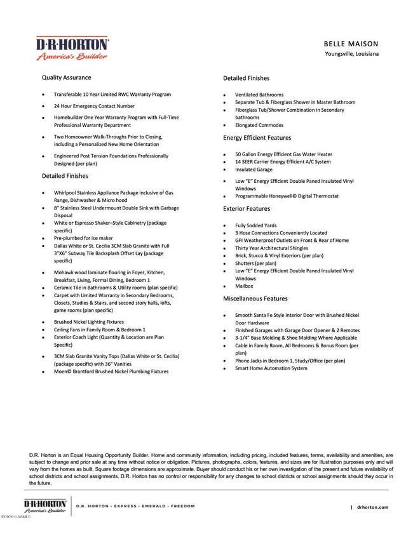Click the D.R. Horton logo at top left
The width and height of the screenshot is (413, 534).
pos(72,48)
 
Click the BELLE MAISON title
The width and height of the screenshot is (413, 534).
pos(351,44)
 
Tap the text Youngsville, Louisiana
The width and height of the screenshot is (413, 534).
pos(351,55)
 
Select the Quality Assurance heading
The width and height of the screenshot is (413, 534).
pos(66,77)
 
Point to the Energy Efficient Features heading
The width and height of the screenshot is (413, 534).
pos(257,138)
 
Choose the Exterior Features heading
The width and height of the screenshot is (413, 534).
pos(246,208)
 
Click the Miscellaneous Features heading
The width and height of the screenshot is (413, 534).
pos(255,298)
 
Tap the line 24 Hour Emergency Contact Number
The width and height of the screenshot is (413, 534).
pos(94,106)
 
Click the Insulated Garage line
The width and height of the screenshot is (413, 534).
pos(254,170)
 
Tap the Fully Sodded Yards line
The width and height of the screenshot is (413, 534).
pos(255,225)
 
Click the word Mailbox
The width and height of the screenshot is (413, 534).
pos(245,286)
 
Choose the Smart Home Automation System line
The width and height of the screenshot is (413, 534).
pos(271,368)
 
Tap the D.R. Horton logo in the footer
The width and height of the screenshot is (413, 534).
pos(45,505)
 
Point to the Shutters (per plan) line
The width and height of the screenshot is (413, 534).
pos(255,264)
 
